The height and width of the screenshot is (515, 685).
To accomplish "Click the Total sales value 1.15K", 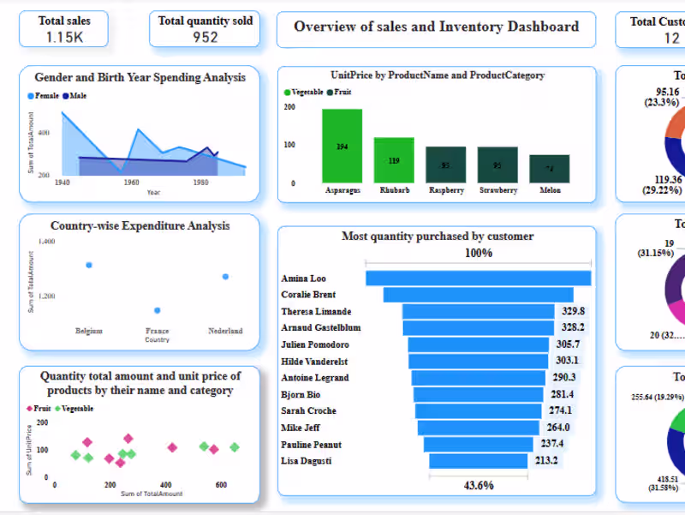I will tap(65, 37).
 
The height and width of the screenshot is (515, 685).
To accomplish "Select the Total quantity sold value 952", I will tap(205, 37).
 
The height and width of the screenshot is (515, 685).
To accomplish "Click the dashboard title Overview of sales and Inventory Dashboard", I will tap(436, 27).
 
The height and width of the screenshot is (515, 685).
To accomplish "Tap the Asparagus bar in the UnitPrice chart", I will tap(342, 146).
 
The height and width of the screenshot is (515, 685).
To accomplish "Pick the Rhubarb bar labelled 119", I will tap(394, 159).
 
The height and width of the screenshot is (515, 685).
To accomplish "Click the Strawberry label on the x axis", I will tap(497, 190).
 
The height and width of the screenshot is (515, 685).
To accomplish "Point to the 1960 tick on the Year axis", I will tap(131, 183).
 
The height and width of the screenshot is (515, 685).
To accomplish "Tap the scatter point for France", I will tap(157, 310).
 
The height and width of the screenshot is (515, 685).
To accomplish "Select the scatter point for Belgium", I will tap(89, 265).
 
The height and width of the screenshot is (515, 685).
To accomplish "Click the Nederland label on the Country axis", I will tap(225, 331).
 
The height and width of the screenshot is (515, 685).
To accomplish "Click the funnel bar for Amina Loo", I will tap(478, 278).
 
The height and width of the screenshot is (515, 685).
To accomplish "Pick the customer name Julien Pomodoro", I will tap(315, 344).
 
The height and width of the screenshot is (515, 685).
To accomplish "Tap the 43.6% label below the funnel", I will tap(478, 485).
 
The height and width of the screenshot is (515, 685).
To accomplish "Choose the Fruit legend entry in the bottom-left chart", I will tap(40, 409).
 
